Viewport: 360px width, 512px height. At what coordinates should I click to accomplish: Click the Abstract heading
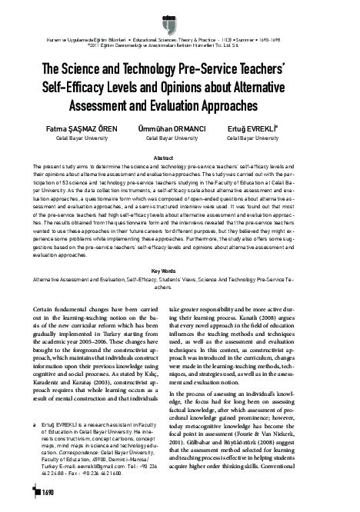(179, 157)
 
